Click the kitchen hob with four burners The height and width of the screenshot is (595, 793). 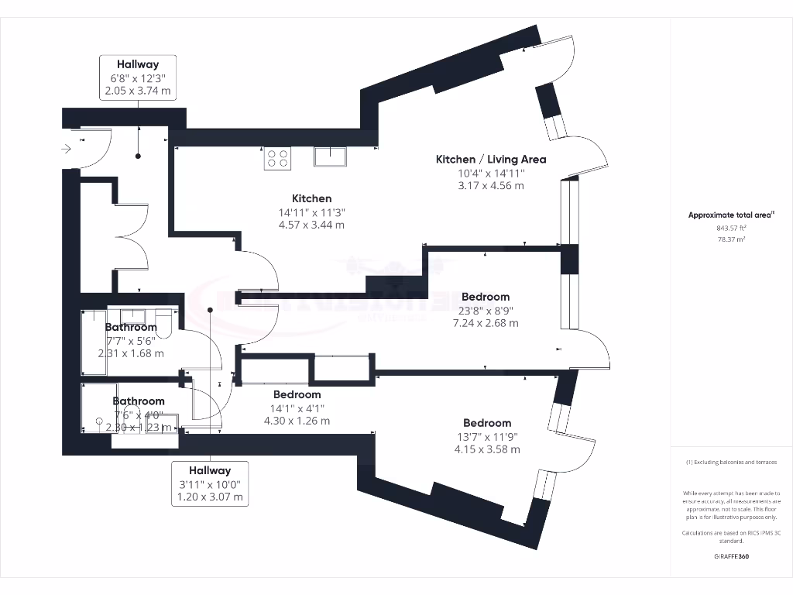pyautogui.click(x=277, y=159)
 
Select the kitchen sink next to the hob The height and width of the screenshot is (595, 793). pyautogui.click(x=331, y=157)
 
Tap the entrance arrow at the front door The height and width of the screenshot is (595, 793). pyautogui.click(x=67, y=148)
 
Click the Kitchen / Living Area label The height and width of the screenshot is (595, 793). pyautogui.click(x=491, y=159)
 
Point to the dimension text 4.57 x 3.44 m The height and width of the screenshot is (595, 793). pyautogui.click(x=312, y=225)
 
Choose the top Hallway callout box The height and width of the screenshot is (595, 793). pyautogui.click(x=138, y=77)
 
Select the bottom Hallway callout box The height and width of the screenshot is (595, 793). pyautogui.click(x=210, y=483)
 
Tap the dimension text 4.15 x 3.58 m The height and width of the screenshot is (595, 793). pyautogui.click(x=487, y=449)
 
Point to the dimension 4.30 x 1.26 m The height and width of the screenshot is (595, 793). pyautogui.click(x=297, y=421)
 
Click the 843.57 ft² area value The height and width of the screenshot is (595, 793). pyautogui.click(x=731, y=229)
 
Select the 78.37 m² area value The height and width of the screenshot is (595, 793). pyautogui.click(x=731, y=239)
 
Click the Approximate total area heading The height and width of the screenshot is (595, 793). pyautogui.click(x=731, y=215)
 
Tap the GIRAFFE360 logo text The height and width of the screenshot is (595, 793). pyautogui.click(x=731, y=556)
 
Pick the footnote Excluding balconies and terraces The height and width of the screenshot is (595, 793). pyautogui.click(x=731, y=463)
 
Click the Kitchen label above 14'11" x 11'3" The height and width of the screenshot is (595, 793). pyautogui.click(x=312, y=198)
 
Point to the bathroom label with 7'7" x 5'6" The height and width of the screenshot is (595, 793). pyautogui.click(x=131, y=327)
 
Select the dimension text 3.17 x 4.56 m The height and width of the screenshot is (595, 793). pyautogui.click(x=491, y=185)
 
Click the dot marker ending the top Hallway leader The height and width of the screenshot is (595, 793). pyautogui.click(x=139, y=156)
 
